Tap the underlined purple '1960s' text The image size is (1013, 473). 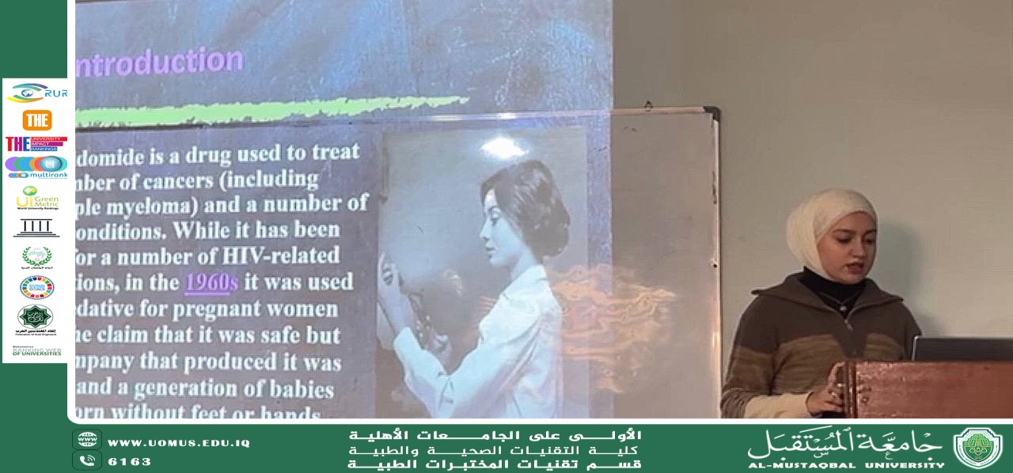pos(211,282)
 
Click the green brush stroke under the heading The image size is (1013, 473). pos(269,110)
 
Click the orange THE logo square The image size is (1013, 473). pos(37,120)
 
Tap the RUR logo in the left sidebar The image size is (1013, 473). pos(37,93)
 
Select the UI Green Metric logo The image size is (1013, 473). pos(37,198)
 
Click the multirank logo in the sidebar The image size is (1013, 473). pos(36,167)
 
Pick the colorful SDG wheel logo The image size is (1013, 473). pos(37,287)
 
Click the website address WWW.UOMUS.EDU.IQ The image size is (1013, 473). pos(178,443)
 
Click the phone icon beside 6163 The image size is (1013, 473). pos(86,460)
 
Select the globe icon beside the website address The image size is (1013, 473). pos(86,440)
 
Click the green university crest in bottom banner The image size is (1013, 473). pos(977,448)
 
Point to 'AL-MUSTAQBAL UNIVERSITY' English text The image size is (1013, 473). pos(846,465)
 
